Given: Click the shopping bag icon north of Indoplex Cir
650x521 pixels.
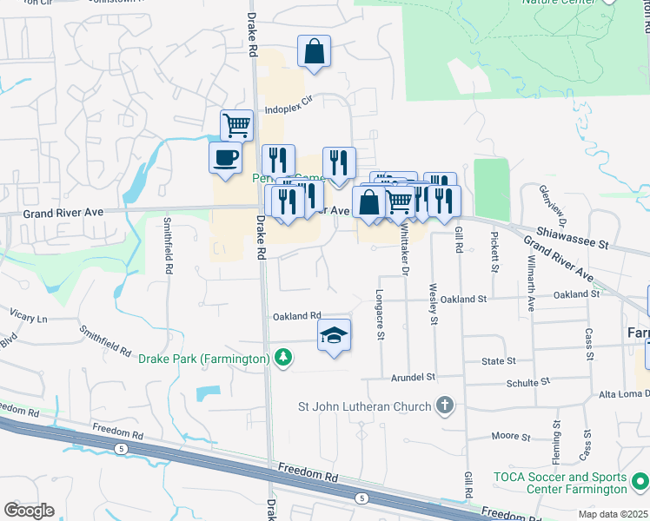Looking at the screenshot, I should (314, 51).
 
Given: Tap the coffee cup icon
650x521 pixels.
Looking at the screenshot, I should (225, 158).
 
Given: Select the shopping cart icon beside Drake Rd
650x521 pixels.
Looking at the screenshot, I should (236, 125).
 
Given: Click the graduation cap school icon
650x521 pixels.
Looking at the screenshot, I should (334, 335).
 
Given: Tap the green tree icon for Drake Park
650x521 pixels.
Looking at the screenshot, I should (282, 358).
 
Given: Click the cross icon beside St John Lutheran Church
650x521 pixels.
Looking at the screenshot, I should (444, 406).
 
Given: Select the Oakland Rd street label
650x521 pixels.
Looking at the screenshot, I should (297, 316).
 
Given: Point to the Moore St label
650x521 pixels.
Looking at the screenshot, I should (505, 437).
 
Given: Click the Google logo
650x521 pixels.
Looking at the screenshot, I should (29, 511).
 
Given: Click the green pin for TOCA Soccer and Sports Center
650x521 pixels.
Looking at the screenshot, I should (640, 478).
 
